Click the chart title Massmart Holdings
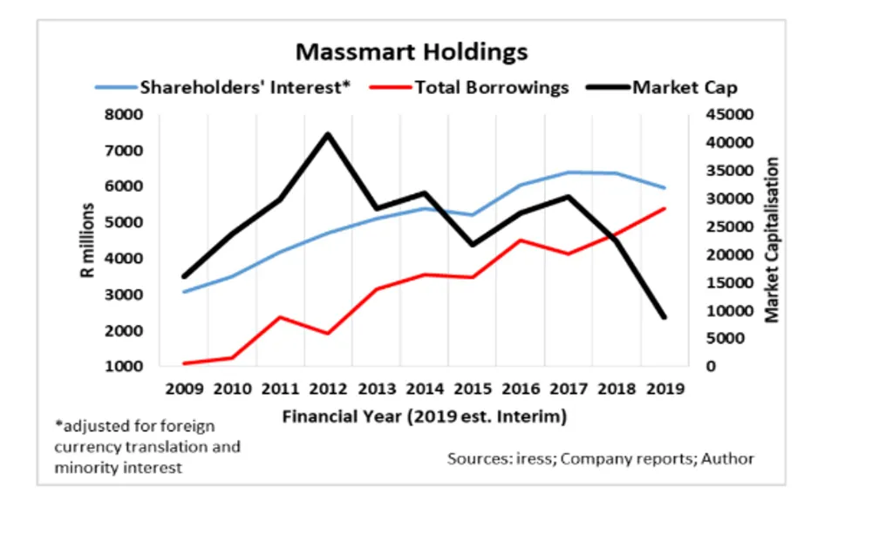coord(412,51)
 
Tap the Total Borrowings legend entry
coord(492,87)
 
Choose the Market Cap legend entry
coord(685,87)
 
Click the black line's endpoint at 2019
coord(664,317)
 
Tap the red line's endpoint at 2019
coord(664,208)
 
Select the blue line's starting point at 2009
coord(184,291)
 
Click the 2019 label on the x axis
coord(664,389)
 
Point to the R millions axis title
coord(88,240)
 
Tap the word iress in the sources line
coord(534,458)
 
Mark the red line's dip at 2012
coord(328,333)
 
